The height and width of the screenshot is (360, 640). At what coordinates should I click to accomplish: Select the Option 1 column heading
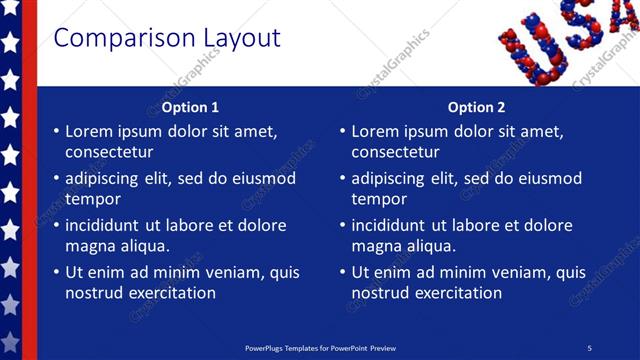tap(190, 107)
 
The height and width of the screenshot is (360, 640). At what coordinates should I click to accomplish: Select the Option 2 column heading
tap(477, 107)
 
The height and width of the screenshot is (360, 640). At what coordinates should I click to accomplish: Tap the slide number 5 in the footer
tap(590, 347)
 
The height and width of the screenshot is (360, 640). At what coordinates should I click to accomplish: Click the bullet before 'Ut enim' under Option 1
tap(55, 273)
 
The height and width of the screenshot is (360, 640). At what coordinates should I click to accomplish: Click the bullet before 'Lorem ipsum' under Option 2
tap(342, 132)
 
